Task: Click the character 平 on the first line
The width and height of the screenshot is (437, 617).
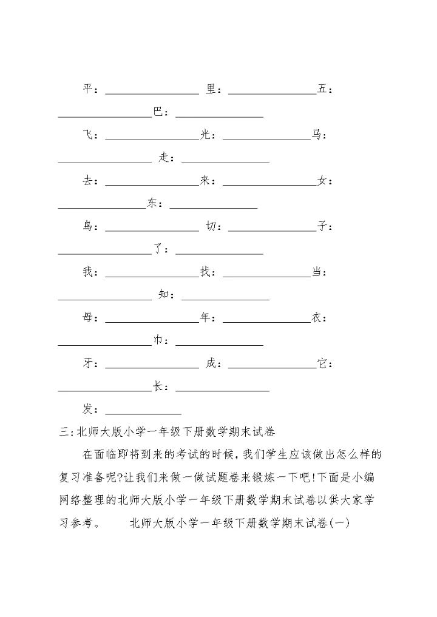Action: tap(88, 89)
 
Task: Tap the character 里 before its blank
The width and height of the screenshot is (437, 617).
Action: tap(211, 89)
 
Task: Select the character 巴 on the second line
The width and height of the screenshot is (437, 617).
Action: tap(158, 112)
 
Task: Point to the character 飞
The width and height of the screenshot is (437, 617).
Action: tap(88, 135)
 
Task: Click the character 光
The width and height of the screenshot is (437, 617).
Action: tap(205, 135)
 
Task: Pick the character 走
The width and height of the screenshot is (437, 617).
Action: tap(164, 158)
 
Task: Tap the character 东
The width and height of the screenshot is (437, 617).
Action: tap(152, 203)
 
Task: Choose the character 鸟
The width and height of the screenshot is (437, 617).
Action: tap(88, 226)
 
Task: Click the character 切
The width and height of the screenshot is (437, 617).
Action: tap(211, 226)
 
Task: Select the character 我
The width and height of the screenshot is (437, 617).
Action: tap(88, 272)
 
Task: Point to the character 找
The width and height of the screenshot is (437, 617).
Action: tap(205, 272)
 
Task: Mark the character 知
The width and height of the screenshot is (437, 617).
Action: tap(164, 295)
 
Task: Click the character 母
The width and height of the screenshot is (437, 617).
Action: tap(88, 318)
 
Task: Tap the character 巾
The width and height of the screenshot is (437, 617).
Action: tap(158, 341)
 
